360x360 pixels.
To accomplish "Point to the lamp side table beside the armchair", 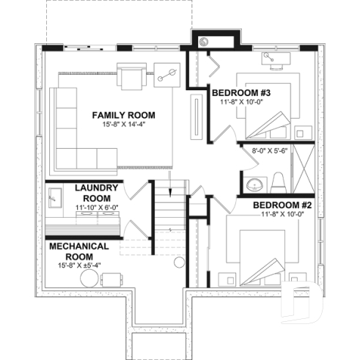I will click(165, 73).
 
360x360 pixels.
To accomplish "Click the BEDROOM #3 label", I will click(242, 92).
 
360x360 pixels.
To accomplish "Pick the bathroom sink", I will click(254, 183).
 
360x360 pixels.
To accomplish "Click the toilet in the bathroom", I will click(279, 180).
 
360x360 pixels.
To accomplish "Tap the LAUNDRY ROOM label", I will click(97, 193).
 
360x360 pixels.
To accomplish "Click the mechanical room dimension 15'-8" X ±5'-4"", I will click(79, 265).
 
